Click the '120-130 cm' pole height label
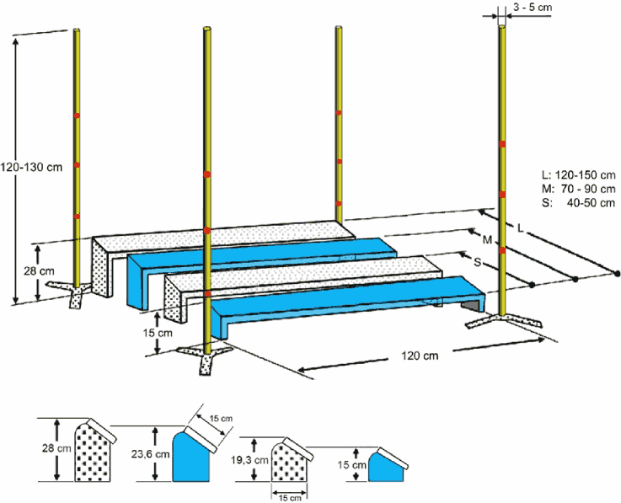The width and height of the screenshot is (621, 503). coord(32,167)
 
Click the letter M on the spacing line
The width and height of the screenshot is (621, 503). coord(487,241)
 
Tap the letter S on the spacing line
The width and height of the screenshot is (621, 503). coord(478,263)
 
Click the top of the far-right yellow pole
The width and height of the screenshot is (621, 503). coord(503,27)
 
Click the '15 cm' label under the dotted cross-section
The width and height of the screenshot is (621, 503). coord(290,497)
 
